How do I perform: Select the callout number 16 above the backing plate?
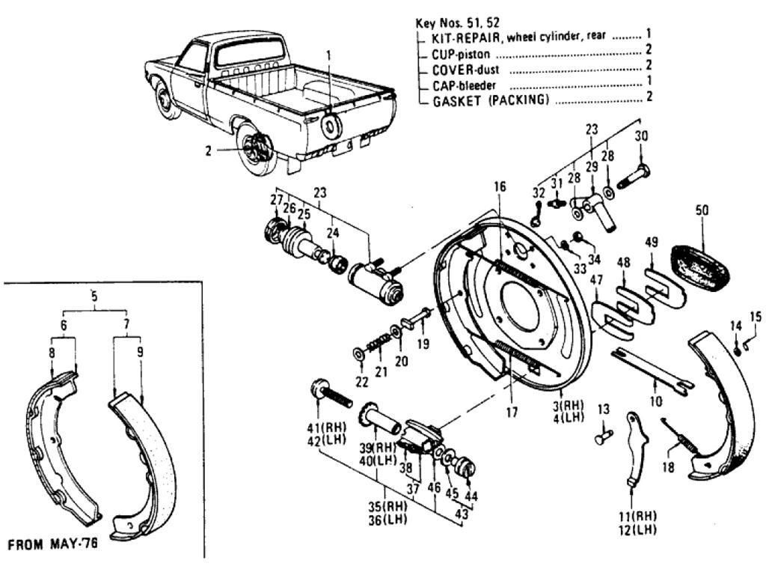[x=500, y=185]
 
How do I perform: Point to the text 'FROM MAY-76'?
[x=52, y=544]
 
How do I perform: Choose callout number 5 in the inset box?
[x=94, y=293]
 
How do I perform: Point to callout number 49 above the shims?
[x=652, y=243]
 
